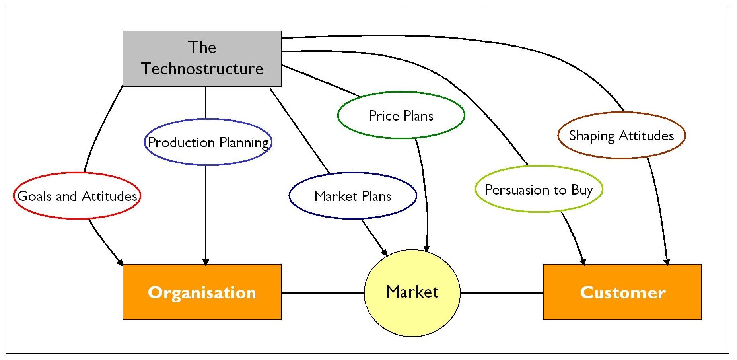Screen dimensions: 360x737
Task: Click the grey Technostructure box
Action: pos(202,59)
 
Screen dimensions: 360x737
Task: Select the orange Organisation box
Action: pos(202,292)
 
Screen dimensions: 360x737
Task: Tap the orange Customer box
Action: pos(622,292)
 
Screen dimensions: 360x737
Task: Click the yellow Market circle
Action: pos(412,293)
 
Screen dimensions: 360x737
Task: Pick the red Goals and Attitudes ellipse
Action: pos(77,196)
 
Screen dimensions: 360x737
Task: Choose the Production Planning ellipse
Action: pos(208,142)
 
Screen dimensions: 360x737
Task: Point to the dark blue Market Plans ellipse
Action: pos(353,196)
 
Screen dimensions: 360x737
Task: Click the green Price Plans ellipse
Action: pos(401,115)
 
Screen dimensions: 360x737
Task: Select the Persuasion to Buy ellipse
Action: pos(539,189)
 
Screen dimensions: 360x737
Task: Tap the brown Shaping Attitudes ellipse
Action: pos(622,135)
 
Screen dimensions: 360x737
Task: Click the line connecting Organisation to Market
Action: pos(322,293)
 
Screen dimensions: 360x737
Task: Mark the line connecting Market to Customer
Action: pos(501,293)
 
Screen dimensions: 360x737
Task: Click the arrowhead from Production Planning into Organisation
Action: pos(206,262)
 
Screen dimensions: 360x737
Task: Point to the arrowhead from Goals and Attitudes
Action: pos(119,262)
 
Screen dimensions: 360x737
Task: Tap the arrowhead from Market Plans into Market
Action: pos(384,252)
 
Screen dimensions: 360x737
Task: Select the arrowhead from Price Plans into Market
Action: pos(426,249)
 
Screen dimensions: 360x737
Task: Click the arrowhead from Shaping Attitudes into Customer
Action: pos(667,262)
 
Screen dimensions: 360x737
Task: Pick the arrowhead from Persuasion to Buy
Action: pos(583,262)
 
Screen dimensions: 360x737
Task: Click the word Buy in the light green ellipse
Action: pos(582,190)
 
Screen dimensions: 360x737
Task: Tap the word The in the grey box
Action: pos(202,47)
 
